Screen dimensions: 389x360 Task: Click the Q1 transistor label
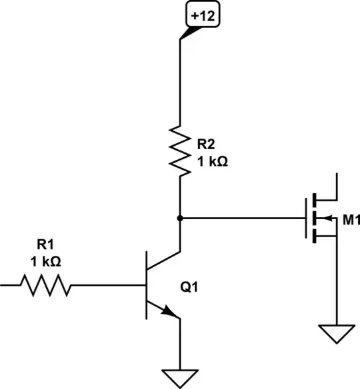click(x=191, y=288)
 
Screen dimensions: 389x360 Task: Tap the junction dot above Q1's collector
click(x=180, y=218)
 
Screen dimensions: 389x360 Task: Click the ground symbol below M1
click(x=337, y=333)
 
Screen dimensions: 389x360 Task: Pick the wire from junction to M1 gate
click(x=240, y=218)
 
